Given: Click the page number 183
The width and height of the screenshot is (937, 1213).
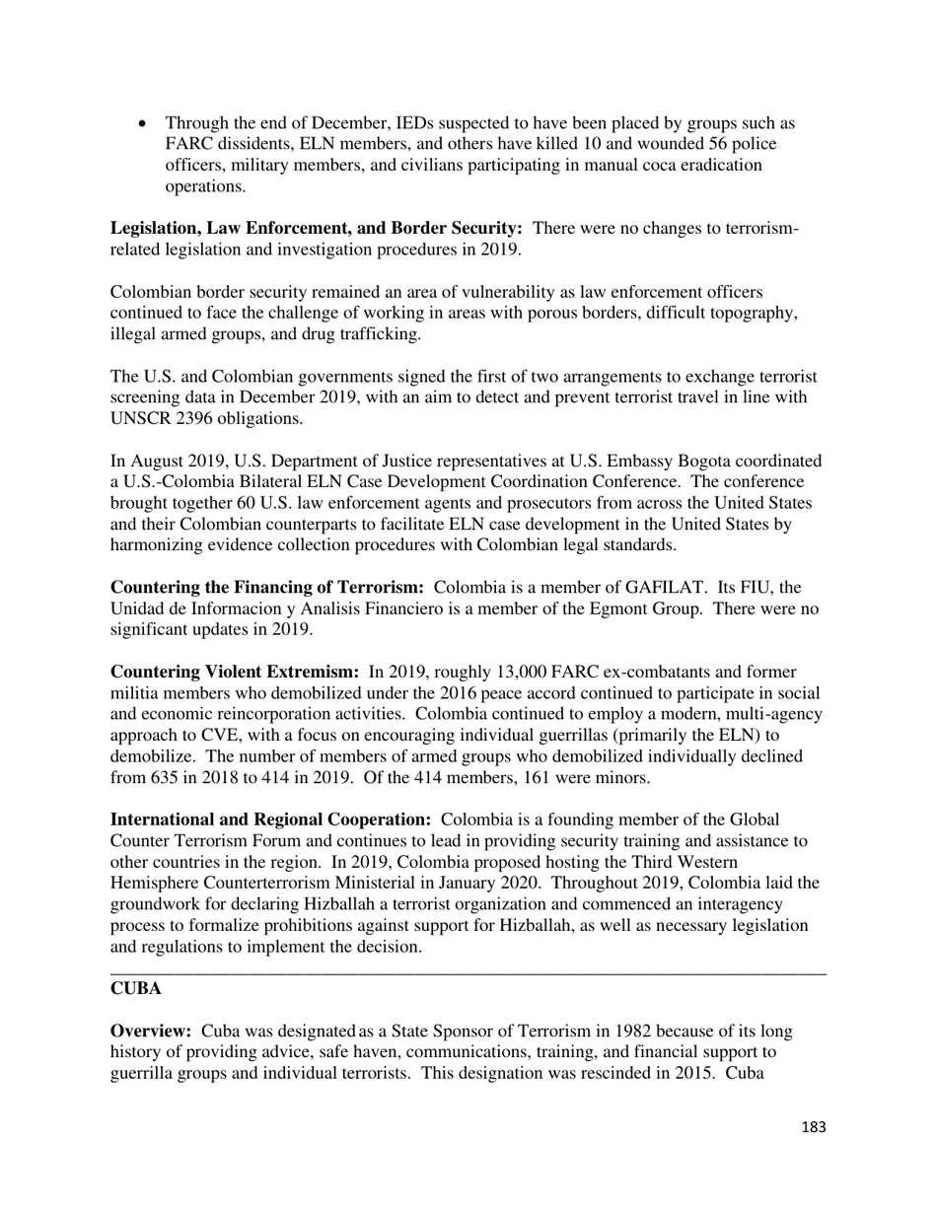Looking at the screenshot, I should point(814,1127).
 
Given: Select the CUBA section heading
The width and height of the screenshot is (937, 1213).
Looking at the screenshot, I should point(136,988).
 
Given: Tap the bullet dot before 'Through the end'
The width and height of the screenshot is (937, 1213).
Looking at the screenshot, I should point(143,124).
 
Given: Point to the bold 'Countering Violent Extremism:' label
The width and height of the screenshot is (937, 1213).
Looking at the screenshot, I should point(235,673).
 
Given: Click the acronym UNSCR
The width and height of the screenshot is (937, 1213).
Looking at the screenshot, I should point(142,418).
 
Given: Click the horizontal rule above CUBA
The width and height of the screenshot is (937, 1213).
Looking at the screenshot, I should point(468,973).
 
